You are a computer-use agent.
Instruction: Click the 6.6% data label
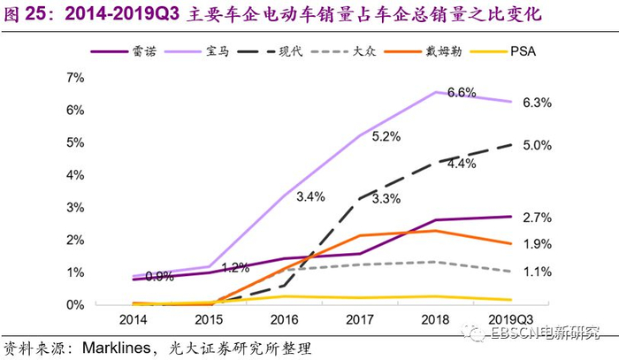coord(462,93)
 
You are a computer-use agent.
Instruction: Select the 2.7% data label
coord(538,217)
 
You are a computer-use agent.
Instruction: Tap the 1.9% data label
coord(538,243)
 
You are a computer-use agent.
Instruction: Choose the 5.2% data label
coord(386,136)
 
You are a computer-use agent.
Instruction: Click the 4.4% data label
coord(462,163)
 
